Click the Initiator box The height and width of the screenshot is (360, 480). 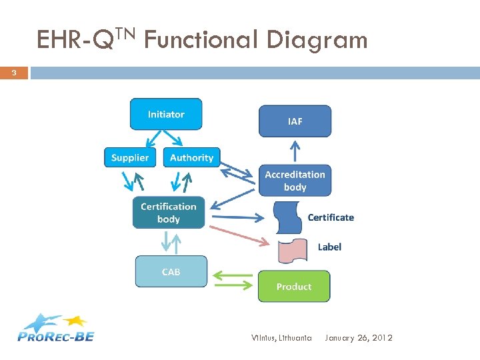165,114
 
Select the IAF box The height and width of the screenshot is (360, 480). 295,121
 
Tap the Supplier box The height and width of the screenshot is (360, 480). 129,157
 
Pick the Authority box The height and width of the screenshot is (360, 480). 191,157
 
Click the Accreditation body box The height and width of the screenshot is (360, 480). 295,181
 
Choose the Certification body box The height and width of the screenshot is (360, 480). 168,213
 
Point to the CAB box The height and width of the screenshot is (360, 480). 171,272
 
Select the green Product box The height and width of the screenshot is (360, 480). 294,286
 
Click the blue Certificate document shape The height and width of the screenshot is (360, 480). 289,217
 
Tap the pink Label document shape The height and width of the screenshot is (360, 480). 293,250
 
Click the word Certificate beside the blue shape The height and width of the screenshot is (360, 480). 331,217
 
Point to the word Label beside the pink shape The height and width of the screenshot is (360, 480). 329,247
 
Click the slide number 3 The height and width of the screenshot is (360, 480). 13,73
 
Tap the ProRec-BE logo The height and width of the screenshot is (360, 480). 56,327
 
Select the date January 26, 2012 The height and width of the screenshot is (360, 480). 359,338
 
